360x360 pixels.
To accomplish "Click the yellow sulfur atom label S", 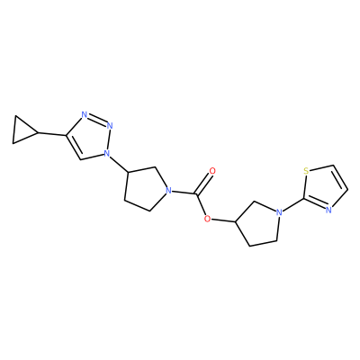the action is pos(306,171).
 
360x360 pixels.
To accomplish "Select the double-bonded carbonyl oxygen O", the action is pos(212,171).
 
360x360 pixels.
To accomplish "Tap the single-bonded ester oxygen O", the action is pos(206,219).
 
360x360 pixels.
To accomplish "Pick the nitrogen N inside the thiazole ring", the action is pos(328,210).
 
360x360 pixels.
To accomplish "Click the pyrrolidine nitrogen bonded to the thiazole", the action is pos(280,212).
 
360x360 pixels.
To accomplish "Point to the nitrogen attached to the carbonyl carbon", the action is pos(169,191).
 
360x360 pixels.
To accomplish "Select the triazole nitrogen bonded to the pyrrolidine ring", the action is pos(105,153).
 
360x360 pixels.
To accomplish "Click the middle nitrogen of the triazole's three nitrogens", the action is pos(110,125).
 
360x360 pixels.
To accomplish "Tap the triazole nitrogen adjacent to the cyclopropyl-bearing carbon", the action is pos(85,114).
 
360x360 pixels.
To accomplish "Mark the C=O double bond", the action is pos(203,184).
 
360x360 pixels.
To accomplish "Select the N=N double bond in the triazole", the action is pos(97,120).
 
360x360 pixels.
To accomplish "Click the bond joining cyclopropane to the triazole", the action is pos(51,134).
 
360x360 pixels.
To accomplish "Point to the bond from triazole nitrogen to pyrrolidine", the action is pos(119,163).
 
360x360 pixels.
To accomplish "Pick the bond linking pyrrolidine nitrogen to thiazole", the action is pos(293,206).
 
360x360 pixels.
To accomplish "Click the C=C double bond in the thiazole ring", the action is pos(340,177).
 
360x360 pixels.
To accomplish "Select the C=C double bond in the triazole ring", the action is pos(74,148).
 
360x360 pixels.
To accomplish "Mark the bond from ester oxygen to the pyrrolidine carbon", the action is pos(223,220).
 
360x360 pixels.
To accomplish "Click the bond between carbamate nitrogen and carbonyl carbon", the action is pos(184,193).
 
